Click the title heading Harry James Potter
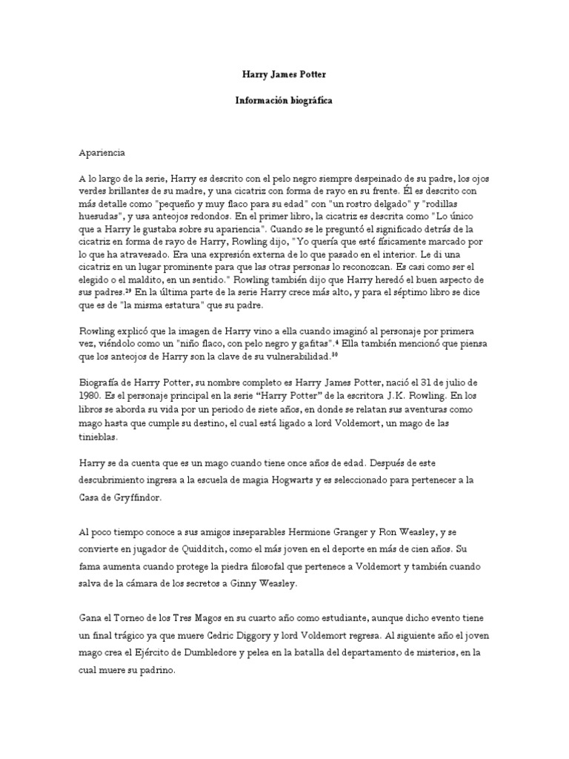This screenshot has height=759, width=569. (x=284, y=75)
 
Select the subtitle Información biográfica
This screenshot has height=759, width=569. (x=284, y=100)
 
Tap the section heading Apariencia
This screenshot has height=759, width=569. (x=103, y=153)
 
